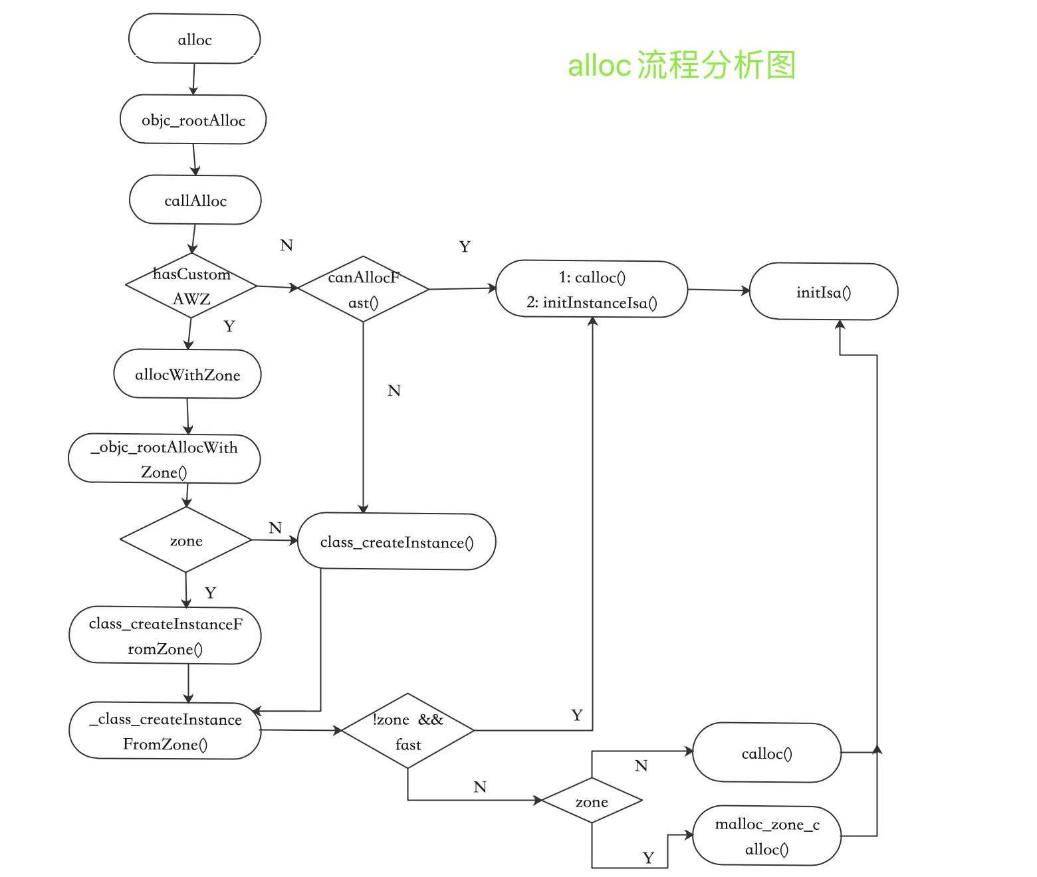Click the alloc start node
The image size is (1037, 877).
point(194,39)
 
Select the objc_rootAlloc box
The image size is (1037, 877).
point(193,120)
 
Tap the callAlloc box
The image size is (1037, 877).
point(195,200)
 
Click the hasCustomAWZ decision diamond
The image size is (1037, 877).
point(191,286)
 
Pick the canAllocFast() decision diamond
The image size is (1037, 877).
point(363,290)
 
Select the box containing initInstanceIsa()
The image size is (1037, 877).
point(592,290)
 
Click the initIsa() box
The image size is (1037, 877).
point(824,292)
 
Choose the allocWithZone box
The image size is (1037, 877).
point(187,374)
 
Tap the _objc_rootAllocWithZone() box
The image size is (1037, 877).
point(164,459)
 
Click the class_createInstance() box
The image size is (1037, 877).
point(397,541)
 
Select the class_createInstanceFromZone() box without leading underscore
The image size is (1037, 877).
point(165,636)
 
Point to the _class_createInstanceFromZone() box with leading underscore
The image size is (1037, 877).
point(165,731)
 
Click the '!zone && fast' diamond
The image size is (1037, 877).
point(407,731)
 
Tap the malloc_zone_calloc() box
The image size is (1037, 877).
point(766,836)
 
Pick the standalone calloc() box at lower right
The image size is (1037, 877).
point(766,753)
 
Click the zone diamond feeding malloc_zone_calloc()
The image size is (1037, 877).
point(592,801)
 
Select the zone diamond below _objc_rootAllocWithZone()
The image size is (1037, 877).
point(186,540)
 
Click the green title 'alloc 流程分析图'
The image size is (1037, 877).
point(681,65)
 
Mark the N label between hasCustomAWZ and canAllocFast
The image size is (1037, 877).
point(287,245)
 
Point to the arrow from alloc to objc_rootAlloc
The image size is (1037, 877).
point(193,79)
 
